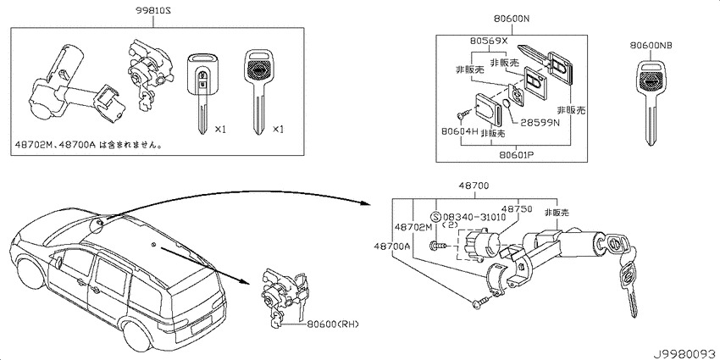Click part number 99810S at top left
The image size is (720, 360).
(153, 10)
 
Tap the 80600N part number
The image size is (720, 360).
(512, 19)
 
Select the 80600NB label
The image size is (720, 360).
(651, 45)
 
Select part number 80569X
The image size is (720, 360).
(488, 41)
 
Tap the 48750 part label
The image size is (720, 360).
(517, 209)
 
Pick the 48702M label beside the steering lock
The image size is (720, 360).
(413, 227)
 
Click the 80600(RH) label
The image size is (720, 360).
(330, 324)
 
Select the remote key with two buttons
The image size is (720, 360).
(202, 94)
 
